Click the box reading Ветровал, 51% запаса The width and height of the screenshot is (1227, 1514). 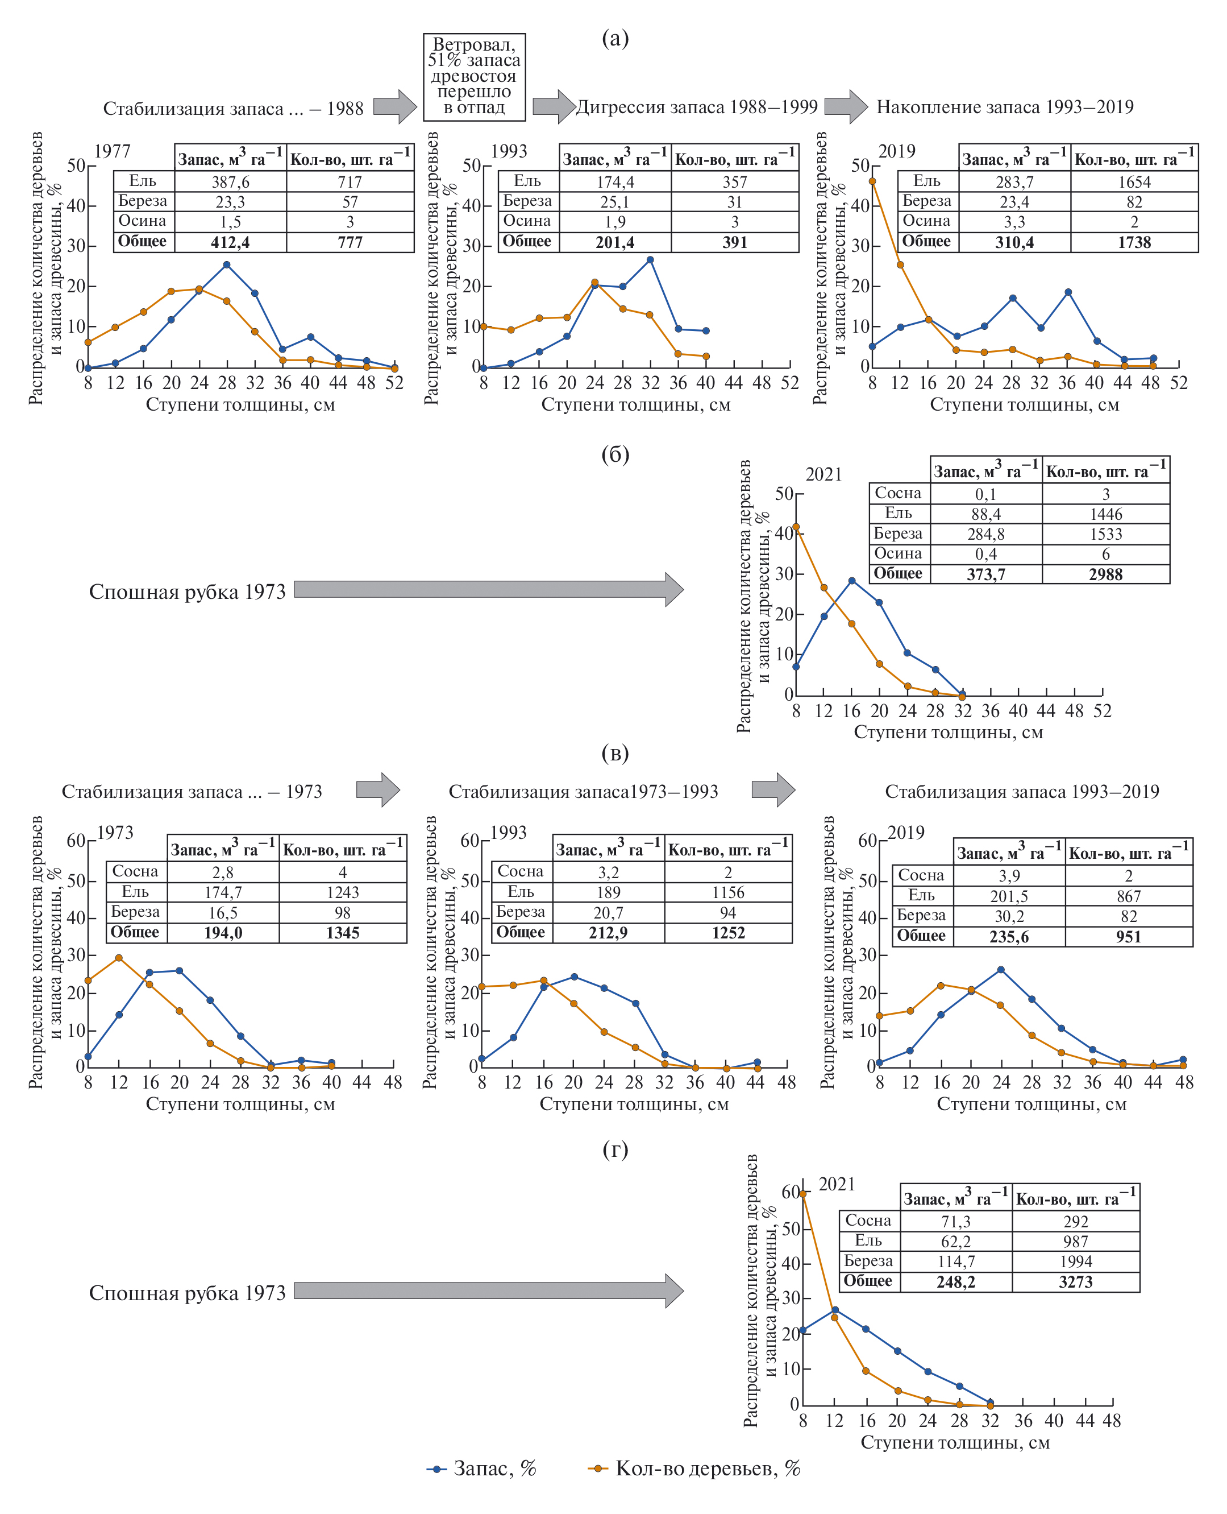(x=473, y=76)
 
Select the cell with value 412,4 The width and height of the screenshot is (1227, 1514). (x=230, y=242)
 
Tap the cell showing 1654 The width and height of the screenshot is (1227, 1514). (x=1134, y=182)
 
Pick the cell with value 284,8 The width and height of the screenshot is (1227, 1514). (x=985, y=534)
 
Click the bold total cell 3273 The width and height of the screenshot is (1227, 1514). (x=1075, y=1282)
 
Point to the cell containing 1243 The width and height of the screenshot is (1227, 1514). (x=343, y=892)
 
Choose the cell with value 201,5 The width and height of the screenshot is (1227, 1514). (x=1009, y=896)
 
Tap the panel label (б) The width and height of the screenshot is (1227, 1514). (x=615, y=454)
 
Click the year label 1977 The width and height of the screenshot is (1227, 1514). (x=113, y=151)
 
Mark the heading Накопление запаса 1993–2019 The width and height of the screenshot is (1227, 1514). (x=1004, y=107)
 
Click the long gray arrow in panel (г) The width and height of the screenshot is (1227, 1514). (x=488, y=1290)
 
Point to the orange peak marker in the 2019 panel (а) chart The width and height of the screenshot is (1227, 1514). (x=872, y=181)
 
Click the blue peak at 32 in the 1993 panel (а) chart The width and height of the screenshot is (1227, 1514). (x=650, y=260)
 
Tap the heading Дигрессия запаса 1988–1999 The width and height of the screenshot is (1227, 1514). (x=697, y=107)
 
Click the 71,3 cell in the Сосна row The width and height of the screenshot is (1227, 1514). (x=955, y=1221)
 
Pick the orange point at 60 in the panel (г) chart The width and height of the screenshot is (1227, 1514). (x=803, y=1194)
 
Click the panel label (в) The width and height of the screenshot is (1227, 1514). (x=615, y=753)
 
